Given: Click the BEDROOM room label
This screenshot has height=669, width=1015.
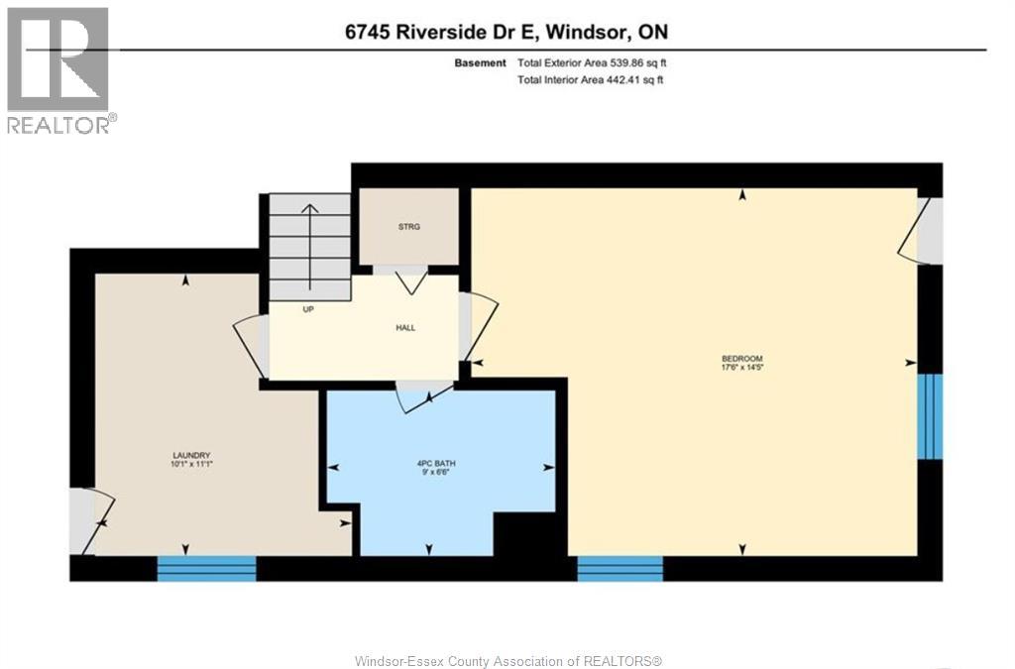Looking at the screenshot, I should click(x=742, y=358).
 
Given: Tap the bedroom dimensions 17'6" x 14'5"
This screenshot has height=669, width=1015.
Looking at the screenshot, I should click(x=742, y=368).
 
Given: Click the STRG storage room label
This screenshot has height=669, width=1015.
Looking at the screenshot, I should click(x=409, y=227).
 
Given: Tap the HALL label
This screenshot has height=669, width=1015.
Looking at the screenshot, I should click(x=404, y=328).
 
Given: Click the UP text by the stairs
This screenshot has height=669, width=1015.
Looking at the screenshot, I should click(x=308, y=309).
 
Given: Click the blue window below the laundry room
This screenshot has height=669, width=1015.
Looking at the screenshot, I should click(x=207, y=568).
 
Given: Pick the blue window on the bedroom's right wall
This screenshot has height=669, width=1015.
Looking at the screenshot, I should click(x=929, y=416).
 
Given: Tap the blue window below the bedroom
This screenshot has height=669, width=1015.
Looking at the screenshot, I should click(x=620, y=568).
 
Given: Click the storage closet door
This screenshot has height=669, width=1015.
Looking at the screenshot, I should click(x=411, y=279).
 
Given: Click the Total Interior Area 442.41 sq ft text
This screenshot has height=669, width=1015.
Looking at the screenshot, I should click(x=590, y=80).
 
